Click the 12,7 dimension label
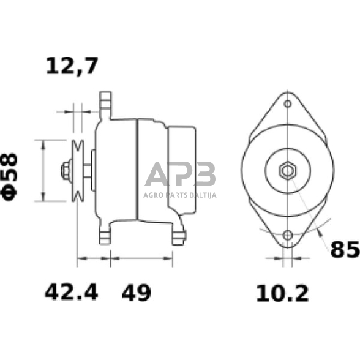[x=72, y=66]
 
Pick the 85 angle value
[x=344, y=249]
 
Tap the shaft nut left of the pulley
[x=65, y=170]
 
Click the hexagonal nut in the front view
[x=287, y=170]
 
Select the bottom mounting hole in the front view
[x=287, y=235]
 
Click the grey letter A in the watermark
[x=158, y=176]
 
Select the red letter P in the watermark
[x=181, y=176]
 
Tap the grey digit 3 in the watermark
[x=204, y=176]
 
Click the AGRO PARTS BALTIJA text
[x=181, y=196]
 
